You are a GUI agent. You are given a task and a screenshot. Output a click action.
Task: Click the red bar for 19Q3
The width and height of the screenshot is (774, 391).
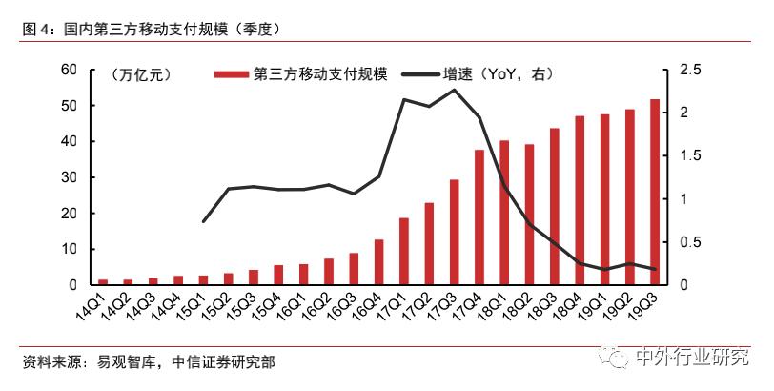pos(654,192)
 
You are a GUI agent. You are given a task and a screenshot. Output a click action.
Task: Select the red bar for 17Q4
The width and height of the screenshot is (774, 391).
pos(479,217)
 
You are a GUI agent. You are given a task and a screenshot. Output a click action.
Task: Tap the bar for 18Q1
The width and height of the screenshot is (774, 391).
pos(504,213)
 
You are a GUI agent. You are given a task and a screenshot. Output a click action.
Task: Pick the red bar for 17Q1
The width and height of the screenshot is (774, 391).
pos(404,252)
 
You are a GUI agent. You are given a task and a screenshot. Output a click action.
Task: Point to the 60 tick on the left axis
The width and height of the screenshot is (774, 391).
pos(68,70)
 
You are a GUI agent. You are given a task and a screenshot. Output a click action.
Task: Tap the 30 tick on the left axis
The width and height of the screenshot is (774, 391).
pos(68,177)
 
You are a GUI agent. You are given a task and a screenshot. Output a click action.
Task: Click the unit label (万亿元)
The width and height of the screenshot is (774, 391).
pos(140,74)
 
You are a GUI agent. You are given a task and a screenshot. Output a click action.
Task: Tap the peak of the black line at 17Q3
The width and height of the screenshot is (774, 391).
pos(455,90)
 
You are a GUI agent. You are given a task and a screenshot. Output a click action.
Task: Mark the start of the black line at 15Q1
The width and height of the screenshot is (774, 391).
pos(203,221)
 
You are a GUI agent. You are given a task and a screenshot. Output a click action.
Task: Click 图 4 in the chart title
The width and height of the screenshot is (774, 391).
pos(38,30)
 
